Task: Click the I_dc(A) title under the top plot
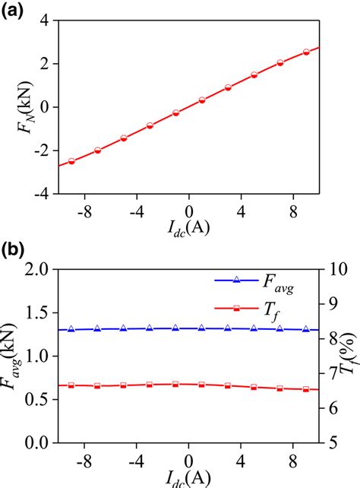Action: [187, 227]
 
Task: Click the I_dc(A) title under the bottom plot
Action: [187, 477]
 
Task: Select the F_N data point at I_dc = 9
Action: [306, 52]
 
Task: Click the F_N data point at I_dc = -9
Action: [71, 161]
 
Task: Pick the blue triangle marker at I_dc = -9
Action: [71, 329]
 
